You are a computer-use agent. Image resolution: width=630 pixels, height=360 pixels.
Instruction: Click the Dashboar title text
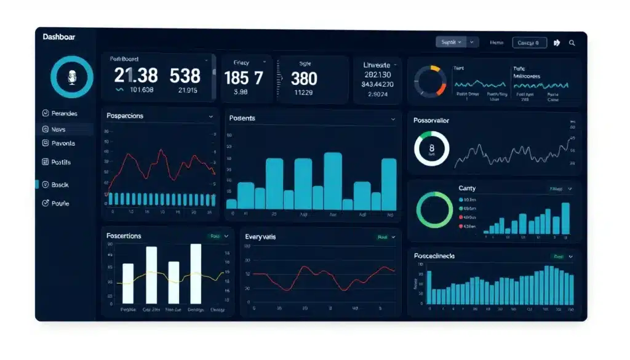59,37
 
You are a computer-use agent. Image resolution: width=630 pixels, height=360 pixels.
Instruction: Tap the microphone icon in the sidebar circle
71,77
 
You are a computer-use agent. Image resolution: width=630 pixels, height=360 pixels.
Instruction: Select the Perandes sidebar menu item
64,114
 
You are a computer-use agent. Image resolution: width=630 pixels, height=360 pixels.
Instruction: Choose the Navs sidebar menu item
58,129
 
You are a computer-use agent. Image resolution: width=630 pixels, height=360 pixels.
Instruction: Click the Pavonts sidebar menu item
63,143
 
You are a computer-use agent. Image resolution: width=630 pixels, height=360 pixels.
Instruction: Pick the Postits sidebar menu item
61,162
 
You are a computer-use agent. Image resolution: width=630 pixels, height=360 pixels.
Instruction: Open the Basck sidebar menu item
60,185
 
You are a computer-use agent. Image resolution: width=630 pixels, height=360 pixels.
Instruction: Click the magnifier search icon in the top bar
572,43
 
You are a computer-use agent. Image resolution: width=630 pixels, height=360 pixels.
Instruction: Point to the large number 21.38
136,76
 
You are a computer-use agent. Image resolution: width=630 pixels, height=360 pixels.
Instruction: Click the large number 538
185,76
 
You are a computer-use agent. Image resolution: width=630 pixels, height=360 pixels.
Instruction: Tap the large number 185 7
244,78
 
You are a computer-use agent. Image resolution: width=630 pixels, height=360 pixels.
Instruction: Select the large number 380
304,79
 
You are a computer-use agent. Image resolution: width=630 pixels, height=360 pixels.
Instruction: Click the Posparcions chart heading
125,116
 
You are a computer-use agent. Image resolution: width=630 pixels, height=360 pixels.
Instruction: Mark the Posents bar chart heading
242,118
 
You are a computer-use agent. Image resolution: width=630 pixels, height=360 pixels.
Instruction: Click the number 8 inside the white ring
431,148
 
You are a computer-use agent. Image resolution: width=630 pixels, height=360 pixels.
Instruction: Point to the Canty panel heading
467,188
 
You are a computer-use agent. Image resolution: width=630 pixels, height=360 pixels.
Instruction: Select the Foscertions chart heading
124,236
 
